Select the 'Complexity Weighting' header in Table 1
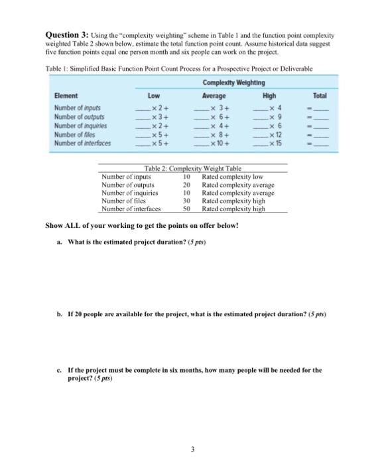click(x=231, y=82)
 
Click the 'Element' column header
click(x=66, y=96)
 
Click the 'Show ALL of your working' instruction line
click(x=141, y=225)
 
